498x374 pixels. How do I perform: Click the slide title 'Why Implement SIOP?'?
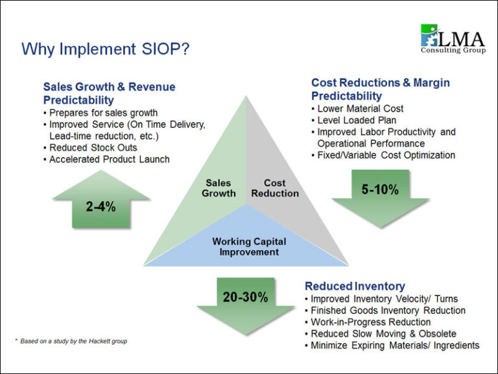[x=105, y=49]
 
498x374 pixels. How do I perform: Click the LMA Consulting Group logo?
[x=452, y=40]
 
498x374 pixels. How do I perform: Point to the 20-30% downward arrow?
[x=245, y=299]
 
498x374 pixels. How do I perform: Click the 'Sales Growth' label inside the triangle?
[x=219, y=188]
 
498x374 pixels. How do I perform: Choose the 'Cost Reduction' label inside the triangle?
[x=275, y=188]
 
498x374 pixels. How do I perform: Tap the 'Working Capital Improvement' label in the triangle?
[x=249, y=247]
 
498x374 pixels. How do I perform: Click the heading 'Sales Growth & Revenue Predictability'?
[x=109, y=93]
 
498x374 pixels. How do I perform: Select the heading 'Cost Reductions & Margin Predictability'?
[x=380, y=90]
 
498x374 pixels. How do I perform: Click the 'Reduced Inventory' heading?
[x=355, y=286]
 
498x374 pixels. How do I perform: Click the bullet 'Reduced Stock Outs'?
[x=93, y=147]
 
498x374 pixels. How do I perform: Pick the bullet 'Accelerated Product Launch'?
[x=110, y=159]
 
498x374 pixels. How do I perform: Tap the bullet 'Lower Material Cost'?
[x=361, y=108]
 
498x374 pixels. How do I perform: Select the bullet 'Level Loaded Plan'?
[x=357, y=120]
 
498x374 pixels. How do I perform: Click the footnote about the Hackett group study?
[x=71, y=341]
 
